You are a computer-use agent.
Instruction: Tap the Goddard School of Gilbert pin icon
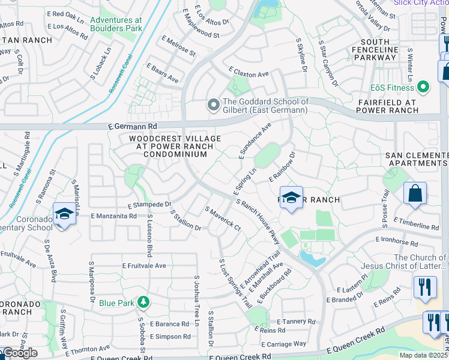pyautogui.click(x=212, y=105)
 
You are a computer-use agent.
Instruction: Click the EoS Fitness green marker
pyautogui.click(x=424, y=87)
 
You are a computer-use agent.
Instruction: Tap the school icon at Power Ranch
pyautogui.click(x=291, y=199)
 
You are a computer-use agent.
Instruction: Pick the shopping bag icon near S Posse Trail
pyautogui.click(x=415, y=193)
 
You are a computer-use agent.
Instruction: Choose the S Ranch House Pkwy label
pyautogui.click(x=259, y=221)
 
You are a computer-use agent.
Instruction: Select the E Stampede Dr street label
pyautogui.click(x=149, y=205)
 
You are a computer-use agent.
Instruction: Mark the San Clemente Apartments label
pyautogui.click(x=417, y=159)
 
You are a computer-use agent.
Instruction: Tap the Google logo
pyautogui.click(x=20, y=353)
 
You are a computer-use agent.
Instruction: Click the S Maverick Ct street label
pyautogui.click(x=223, y=219)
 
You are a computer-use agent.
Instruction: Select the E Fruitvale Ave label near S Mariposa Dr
pyautogui.click(x=144, y=265)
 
